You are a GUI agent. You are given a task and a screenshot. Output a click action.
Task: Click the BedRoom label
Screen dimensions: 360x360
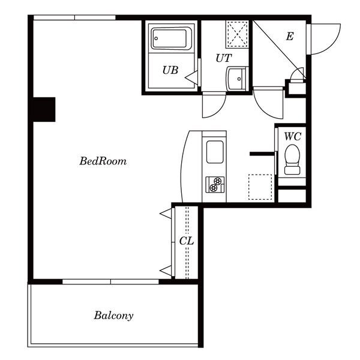coord(103,161)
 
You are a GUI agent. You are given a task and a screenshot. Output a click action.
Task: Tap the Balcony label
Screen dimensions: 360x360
coord(113,316)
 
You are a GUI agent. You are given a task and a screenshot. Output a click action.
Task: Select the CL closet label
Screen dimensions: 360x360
coord(187,241)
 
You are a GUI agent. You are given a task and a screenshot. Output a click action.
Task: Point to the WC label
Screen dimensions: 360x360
coord(293,137)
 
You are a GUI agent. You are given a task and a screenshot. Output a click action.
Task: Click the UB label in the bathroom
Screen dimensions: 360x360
coord(170,70)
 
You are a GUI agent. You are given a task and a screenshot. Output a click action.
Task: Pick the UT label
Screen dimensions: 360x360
coord(224,58)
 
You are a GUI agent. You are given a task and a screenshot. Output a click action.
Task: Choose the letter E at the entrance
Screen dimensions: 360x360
coord(290,36)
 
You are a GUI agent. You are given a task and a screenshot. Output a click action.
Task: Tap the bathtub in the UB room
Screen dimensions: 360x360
coord(171,38)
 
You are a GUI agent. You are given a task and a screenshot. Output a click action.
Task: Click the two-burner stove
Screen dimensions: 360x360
coord(215,184)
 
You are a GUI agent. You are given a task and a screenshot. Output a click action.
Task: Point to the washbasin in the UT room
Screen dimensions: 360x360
coord(237,79)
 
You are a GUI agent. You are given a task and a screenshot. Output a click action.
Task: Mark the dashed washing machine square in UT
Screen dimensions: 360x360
coord(237,34)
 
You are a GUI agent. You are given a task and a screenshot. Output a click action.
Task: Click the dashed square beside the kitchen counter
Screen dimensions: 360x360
coord(260,187)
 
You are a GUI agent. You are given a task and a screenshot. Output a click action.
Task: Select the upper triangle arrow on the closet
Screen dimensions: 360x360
coord(166,214)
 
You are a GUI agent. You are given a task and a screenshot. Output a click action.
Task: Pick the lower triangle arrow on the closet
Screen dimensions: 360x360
coord(166,270)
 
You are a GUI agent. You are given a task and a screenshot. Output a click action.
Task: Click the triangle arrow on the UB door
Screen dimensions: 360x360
coord(191,77)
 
